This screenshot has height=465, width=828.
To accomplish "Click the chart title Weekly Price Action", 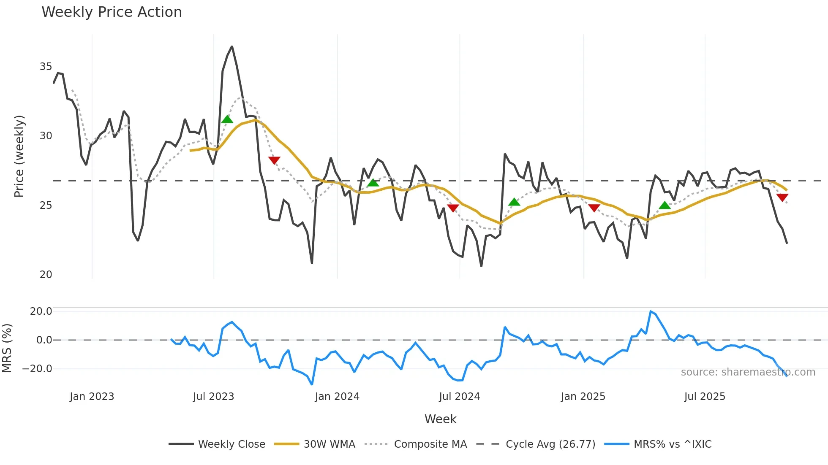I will click(x=112, y=12).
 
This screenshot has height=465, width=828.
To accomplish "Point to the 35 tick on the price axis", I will click(x=46, y=67).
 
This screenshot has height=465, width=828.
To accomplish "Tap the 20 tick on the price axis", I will click(x=46, y=275).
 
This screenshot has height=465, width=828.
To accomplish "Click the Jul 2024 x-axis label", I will click(x=459, y=397).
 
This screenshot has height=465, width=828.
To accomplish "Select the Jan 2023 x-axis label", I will click(x=92, y=397).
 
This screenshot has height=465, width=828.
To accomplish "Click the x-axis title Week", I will click(x=440, y=419).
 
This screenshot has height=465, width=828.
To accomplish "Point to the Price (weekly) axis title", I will click(x=19, y=156).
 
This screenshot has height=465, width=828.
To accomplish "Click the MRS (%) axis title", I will click(x=7, y=348).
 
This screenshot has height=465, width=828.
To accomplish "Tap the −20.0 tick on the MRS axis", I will click(x=37, y=369).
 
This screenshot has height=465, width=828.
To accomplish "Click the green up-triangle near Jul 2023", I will click(x=227, y=119).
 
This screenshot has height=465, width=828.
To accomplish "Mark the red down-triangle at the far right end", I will click(x=782, y=197).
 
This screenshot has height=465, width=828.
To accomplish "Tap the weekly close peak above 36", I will click(x=232, y=46).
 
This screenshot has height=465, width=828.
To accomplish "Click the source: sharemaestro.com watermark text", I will click(x=748, y=372).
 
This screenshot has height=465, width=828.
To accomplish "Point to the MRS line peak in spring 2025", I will click(x=651, y=311).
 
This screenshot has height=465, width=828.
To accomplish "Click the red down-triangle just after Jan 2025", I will click(x=594, y=208).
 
